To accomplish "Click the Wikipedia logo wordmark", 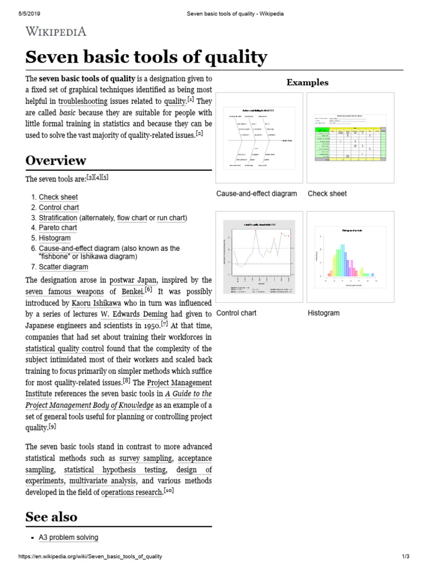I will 56,31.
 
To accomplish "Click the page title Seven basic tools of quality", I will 146,57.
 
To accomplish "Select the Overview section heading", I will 56,161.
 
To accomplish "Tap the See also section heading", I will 51,516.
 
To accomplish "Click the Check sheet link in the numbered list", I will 58,197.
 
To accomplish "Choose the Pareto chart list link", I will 58,228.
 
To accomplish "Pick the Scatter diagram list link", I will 63,267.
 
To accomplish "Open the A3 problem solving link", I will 69,538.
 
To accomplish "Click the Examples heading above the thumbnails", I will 307,83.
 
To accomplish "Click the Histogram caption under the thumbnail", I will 324,313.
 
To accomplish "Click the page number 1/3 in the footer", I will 405,557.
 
